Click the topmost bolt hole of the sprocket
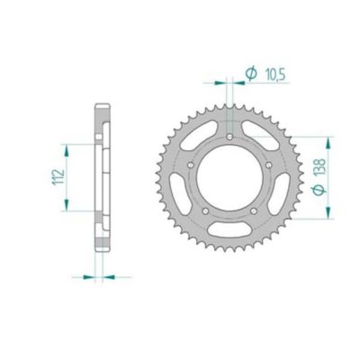231,138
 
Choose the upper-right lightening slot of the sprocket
260,136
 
